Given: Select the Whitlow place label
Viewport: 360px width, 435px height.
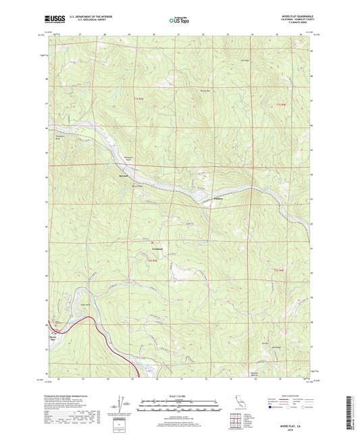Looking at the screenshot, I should click(x=200, y=198).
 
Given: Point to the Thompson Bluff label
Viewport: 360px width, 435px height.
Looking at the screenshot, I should click(x=59, y=136).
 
